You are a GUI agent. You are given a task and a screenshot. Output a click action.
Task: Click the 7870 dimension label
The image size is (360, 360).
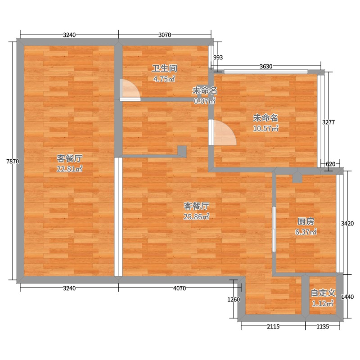pyautogui.click(x=13, y=162)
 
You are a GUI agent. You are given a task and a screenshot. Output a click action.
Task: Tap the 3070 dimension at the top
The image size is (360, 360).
pyautogui.click(x=165, y=35)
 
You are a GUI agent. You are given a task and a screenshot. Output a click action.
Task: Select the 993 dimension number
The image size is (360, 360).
pyautogui.click(x=218, y=57)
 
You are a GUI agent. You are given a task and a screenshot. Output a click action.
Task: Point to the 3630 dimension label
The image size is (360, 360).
pyautogui.click(x=266, y=66)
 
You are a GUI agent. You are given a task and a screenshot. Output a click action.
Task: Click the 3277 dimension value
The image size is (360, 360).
pyautogui.click(x=328, y=122)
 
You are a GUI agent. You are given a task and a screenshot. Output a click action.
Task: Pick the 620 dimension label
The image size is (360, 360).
pyautogui.click(x=330, y=164)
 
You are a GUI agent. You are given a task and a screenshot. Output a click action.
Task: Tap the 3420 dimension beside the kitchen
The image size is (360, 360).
pyautogui.click(x=347, y=223)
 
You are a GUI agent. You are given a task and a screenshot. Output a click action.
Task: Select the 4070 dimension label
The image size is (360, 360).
pyautogui.click(x=179, y=288)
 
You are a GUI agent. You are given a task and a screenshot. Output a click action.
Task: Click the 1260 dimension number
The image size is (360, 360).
pyautogui.click(x=234, y=299)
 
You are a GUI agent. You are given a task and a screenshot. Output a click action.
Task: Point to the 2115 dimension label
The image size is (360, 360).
pyautogui.click(x=273, y=326)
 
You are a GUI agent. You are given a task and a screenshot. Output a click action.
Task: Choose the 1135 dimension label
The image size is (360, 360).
pyautogui.click(x=323, y=326)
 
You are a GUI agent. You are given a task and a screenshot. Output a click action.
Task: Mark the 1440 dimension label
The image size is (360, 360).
pyautogui.click(x=347, y=297)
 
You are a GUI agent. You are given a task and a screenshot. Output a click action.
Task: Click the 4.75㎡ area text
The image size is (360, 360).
pyautogui.click(x=164, y=79)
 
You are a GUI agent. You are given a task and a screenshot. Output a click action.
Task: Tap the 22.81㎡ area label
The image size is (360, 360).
pyautogui.click(x=69, y=169)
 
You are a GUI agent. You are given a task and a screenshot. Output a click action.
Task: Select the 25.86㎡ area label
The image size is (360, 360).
pyautogui.click(x=196, y=216)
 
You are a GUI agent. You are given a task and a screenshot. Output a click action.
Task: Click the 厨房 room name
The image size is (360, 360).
pyautogui.click(x=306, y=221)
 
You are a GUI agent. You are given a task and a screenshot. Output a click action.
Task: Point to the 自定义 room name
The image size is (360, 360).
pyautogui.click(x=323, y=293)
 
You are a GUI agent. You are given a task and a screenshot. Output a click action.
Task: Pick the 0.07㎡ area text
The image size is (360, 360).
pyautogui.click(x=205, y=101)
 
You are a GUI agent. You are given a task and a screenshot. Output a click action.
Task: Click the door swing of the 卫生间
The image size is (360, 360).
pyautogui.click(x=130, y=90)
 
